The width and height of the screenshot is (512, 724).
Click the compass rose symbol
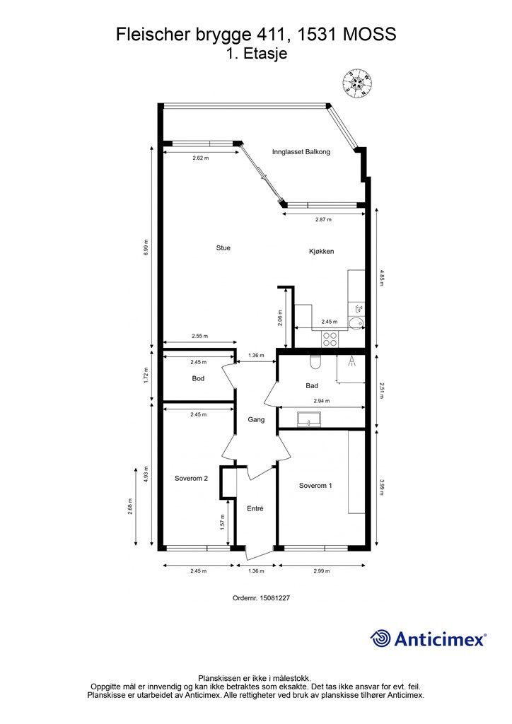coord(358,84)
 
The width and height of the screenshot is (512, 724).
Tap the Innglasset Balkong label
coord(301,152)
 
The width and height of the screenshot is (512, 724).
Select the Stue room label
coord(223,248)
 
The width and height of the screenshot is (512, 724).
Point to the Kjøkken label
coord(321,252)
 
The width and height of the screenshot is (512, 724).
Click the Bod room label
coord(198,379)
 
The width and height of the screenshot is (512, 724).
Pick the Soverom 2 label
coord(191,479)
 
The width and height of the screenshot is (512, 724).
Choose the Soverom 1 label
coord(315,486)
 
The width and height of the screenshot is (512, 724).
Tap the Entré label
coord(255,508)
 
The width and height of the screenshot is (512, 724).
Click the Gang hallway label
coord(256,419)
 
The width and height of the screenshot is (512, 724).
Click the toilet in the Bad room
coord(315,362)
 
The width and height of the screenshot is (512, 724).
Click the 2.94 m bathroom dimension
coord(323,401)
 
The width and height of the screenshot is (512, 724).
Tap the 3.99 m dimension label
coord(382,489)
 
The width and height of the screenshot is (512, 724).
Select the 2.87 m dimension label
coord(323,220)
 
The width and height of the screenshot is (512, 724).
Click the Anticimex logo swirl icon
coord(381,638)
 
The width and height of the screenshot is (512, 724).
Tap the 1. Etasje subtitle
coord(256,53)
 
